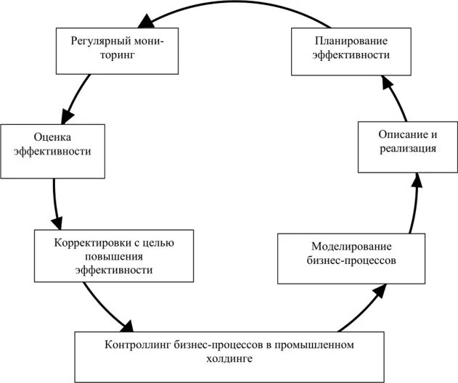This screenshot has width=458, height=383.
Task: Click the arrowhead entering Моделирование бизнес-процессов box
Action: (378, 291)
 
